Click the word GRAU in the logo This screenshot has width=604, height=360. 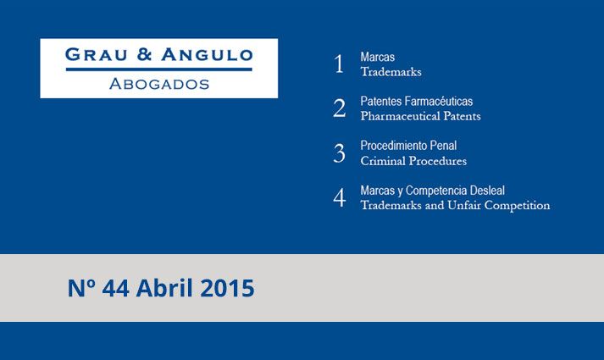coord(96,55)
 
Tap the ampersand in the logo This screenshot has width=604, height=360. coord(145,55)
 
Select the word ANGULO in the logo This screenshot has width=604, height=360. coord(208,55)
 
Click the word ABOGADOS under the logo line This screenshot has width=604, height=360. coord(159,84)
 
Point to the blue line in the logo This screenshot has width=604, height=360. coord(158,69)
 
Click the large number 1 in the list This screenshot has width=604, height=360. coord(339,64)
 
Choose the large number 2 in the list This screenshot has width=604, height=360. coord(340,108)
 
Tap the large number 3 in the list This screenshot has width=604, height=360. coord(340,152)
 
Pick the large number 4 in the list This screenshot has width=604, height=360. coord(340,197)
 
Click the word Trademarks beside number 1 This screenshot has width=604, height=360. coord(391,72)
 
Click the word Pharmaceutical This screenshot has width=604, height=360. coord(400,116)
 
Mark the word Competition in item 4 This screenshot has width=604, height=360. coord(517,206)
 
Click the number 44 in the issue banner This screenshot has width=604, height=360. coord(115,288)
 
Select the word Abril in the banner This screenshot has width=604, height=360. coord(164,288)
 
